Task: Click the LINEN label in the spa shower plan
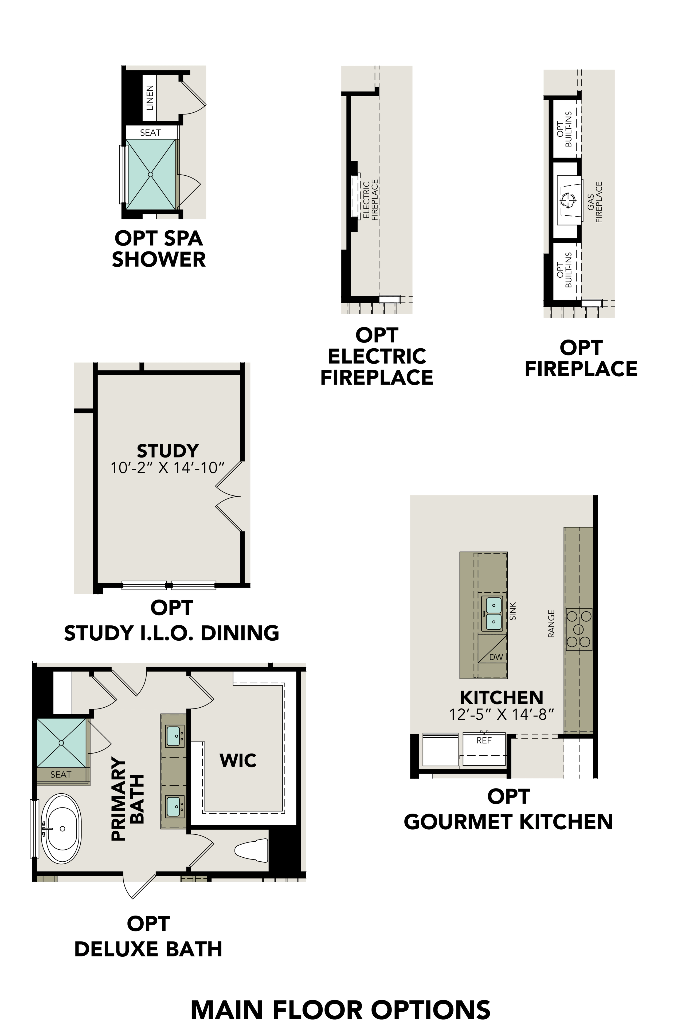[x=150, y=98]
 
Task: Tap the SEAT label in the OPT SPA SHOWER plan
[x=150, y=132]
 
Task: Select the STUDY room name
[x=168, y=451]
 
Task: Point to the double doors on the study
[x=229, y=496]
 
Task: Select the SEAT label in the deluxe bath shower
[x=60, y=774]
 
